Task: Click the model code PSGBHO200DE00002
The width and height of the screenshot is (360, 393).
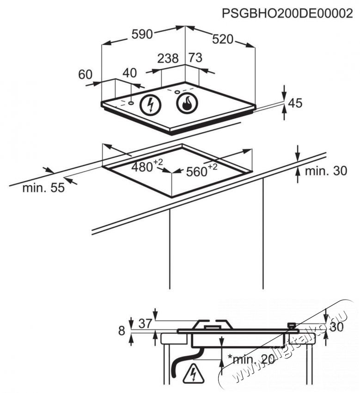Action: tap(284, 13)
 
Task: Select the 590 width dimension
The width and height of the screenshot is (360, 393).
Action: tap(142, 35)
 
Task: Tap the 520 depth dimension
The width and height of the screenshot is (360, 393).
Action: tap(223, 40)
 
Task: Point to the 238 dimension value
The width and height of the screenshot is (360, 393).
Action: tap(168, 59)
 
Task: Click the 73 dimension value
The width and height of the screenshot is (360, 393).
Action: tap(195, 58)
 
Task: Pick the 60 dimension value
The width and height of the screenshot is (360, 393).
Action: tap(85, 75)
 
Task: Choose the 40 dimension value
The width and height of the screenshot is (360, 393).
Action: tap(130, 73)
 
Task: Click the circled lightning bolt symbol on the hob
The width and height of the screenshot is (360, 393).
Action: tap(150, 105)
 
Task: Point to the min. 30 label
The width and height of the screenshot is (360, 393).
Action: tap(325, 172)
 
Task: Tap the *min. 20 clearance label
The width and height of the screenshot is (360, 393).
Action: tap(250, 359)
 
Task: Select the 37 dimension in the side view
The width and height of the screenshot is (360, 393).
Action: tap(145, 324)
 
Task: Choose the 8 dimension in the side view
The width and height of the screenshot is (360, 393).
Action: tap(122, 331)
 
